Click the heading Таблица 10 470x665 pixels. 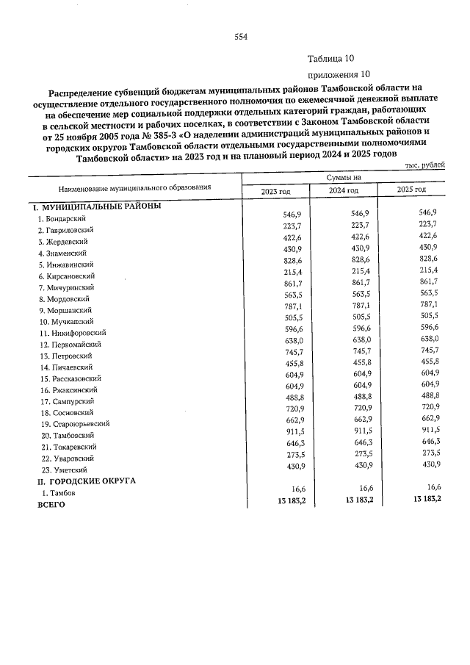[332, 60]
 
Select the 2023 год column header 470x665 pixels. [276, 190]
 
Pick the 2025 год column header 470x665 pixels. [411, 190]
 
